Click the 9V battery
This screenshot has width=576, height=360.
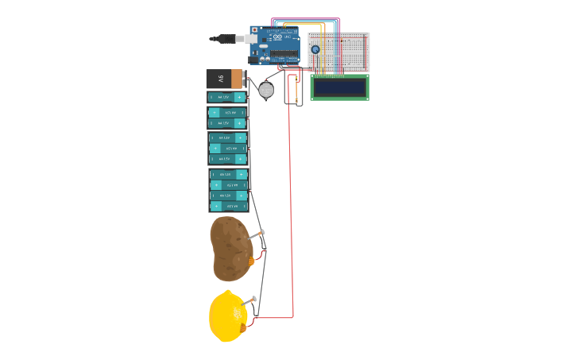click(x=226, y=79)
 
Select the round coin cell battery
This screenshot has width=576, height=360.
click(x=266, y=91)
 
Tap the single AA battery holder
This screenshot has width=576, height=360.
click(x=227, y=97)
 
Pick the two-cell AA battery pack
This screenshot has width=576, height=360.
click(x=227, y=118)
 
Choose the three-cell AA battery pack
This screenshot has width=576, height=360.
click(x=228, y=148)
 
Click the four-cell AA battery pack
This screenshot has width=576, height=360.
click(x=229, y=190)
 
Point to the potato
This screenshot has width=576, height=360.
click(x=230, y=249)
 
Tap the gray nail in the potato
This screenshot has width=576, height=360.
click(x=255, y=234)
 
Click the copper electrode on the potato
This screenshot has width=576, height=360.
click(x=252, y=261)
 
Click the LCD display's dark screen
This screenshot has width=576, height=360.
click(x=339, y=87)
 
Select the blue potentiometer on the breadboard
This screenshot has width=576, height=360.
click(x=315, y=49)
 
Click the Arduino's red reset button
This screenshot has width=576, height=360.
click(x=255, y=30)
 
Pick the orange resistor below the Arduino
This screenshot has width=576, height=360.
click(x=296, y=87)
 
